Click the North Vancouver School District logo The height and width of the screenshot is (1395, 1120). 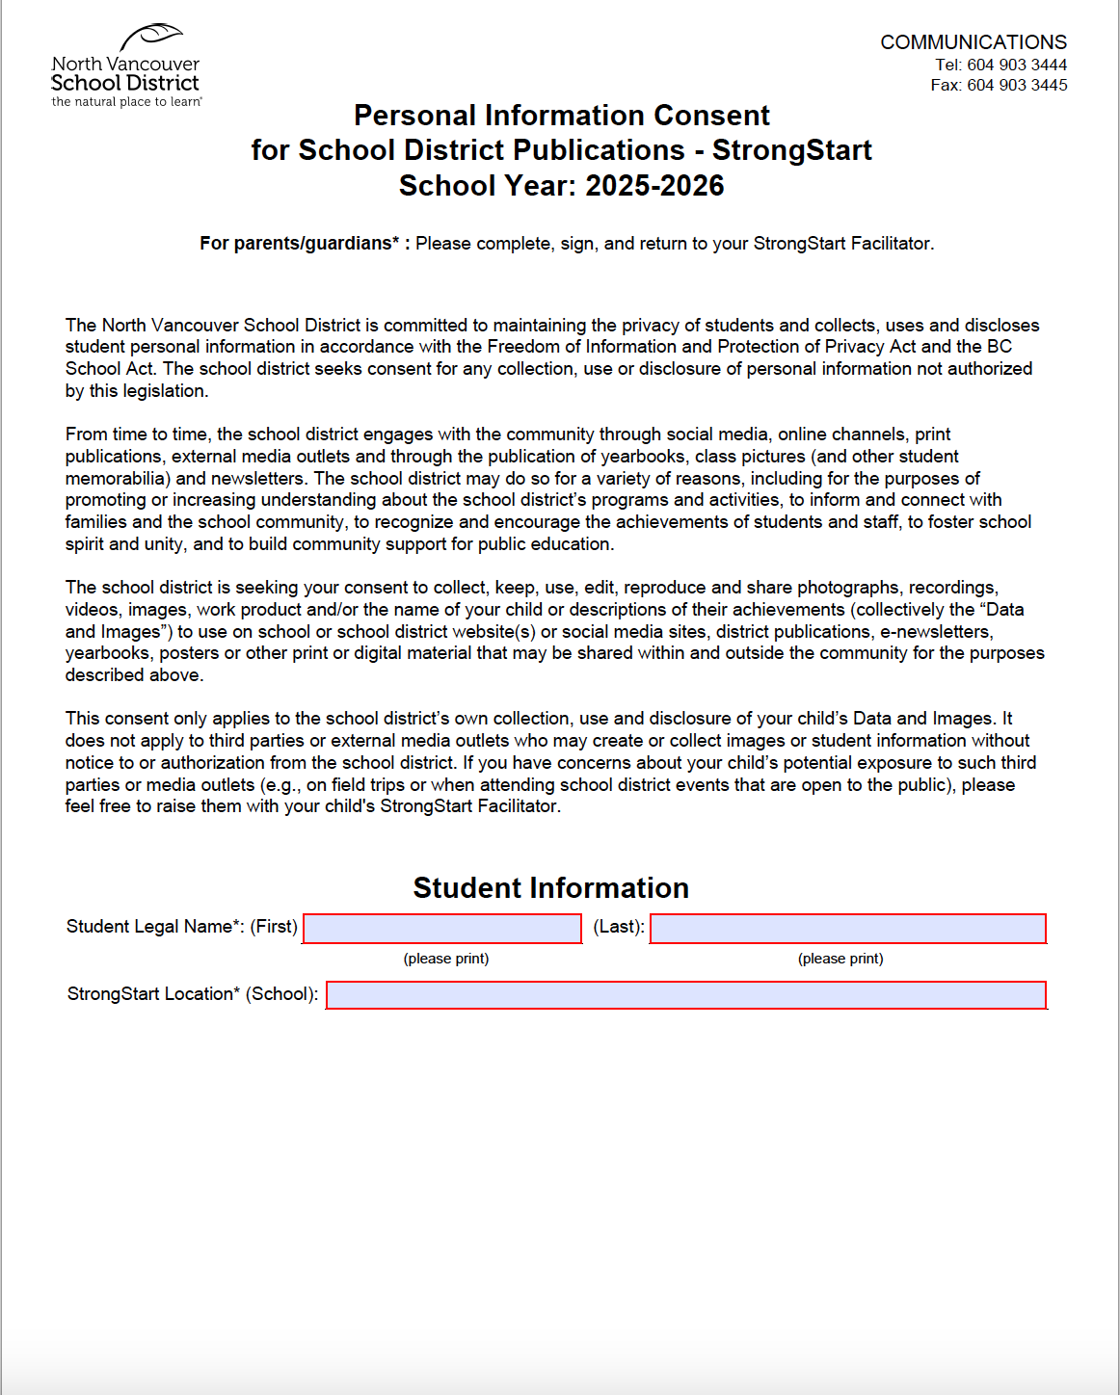point(126,66)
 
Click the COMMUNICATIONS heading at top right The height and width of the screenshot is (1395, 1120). point(973,42)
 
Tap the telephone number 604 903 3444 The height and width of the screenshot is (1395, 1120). point(1016,65)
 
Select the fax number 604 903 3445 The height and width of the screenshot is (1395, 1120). point(1016,85)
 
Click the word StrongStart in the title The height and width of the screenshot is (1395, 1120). point(791,150)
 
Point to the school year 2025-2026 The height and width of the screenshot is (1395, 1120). point(654,185)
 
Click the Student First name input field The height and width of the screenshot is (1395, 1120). point(442,928)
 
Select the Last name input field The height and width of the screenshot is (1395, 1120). point(847,928)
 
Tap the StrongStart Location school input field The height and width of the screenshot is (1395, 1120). point(686,994)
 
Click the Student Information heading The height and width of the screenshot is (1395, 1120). point(550,887)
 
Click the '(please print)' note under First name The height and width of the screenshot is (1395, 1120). point(445,959)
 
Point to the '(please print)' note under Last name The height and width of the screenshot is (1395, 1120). point(840,959)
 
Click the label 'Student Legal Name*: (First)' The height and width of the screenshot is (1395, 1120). point(181,927)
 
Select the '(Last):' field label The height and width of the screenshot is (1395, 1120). point(619,927)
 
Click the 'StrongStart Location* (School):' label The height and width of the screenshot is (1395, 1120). point(192,994)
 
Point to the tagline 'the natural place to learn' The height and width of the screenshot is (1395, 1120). point(126,102)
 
